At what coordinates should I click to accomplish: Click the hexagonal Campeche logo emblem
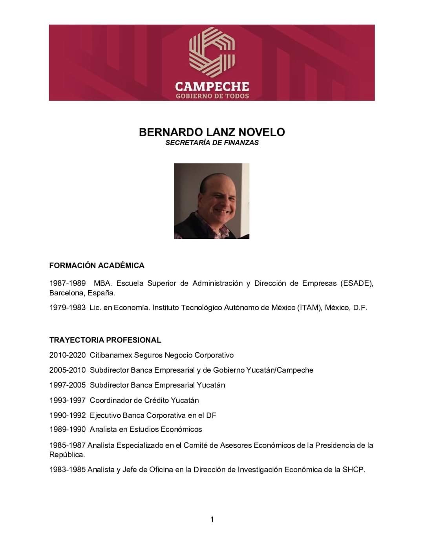coord(212,51)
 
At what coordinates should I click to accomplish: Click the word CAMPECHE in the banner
coord(212,86)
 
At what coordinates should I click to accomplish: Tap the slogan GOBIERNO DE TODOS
coord(212,96)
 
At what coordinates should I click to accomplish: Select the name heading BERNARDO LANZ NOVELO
coord(212,132)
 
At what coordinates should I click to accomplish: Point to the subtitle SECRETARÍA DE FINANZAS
coord(212,143)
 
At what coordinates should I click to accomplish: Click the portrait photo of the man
coord(212,201)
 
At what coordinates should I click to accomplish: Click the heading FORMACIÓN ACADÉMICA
coord(97,265)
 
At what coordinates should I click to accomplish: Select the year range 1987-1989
coord(68,283)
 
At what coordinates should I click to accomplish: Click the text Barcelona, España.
coord(82,293)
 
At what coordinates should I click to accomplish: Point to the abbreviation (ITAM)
coord(309,307)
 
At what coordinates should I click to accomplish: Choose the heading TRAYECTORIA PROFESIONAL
coord(105,340)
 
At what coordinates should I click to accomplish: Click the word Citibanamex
coord(111,355)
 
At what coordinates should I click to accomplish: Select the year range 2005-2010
coord(68,370)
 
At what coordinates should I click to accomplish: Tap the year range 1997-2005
coord(68,385)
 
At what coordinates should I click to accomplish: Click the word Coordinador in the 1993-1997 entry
coord(111,401)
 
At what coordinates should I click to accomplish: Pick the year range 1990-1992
coord(68,415)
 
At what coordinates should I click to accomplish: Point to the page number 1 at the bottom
coord(212,520)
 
